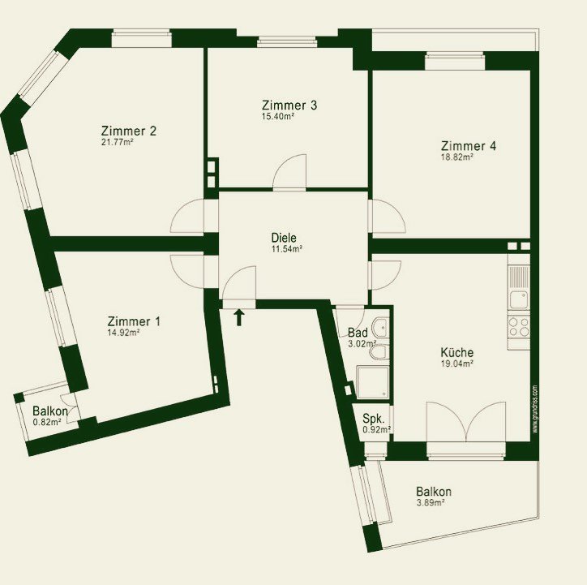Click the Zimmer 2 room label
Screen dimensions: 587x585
[129, 131]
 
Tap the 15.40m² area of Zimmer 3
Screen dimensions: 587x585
[278, 116]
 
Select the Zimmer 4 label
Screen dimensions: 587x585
[469, 146]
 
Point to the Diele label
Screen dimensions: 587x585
[284, 238]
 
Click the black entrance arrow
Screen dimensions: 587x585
[239, 317]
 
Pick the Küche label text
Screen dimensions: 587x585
[456, 352]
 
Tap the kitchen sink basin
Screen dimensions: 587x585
[519, 299]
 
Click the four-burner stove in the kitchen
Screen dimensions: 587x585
[519, 327]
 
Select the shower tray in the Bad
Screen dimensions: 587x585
[373, 381]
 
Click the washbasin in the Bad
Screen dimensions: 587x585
[381, 327]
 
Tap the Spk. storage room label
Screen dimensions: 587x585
[373, 419]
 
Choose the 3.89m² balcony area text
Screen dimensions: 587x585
[431, 502]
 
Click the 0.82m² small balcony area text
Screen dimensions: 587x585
[47, 423]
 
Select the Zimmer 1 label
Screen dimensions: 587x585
[134, 321]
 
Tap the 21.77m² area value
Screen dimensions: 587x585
[118, 142]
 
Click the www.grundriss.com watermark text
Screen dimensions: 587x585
[535, 409]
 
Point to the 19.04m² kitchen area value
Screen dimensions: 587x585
[457, 363]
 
